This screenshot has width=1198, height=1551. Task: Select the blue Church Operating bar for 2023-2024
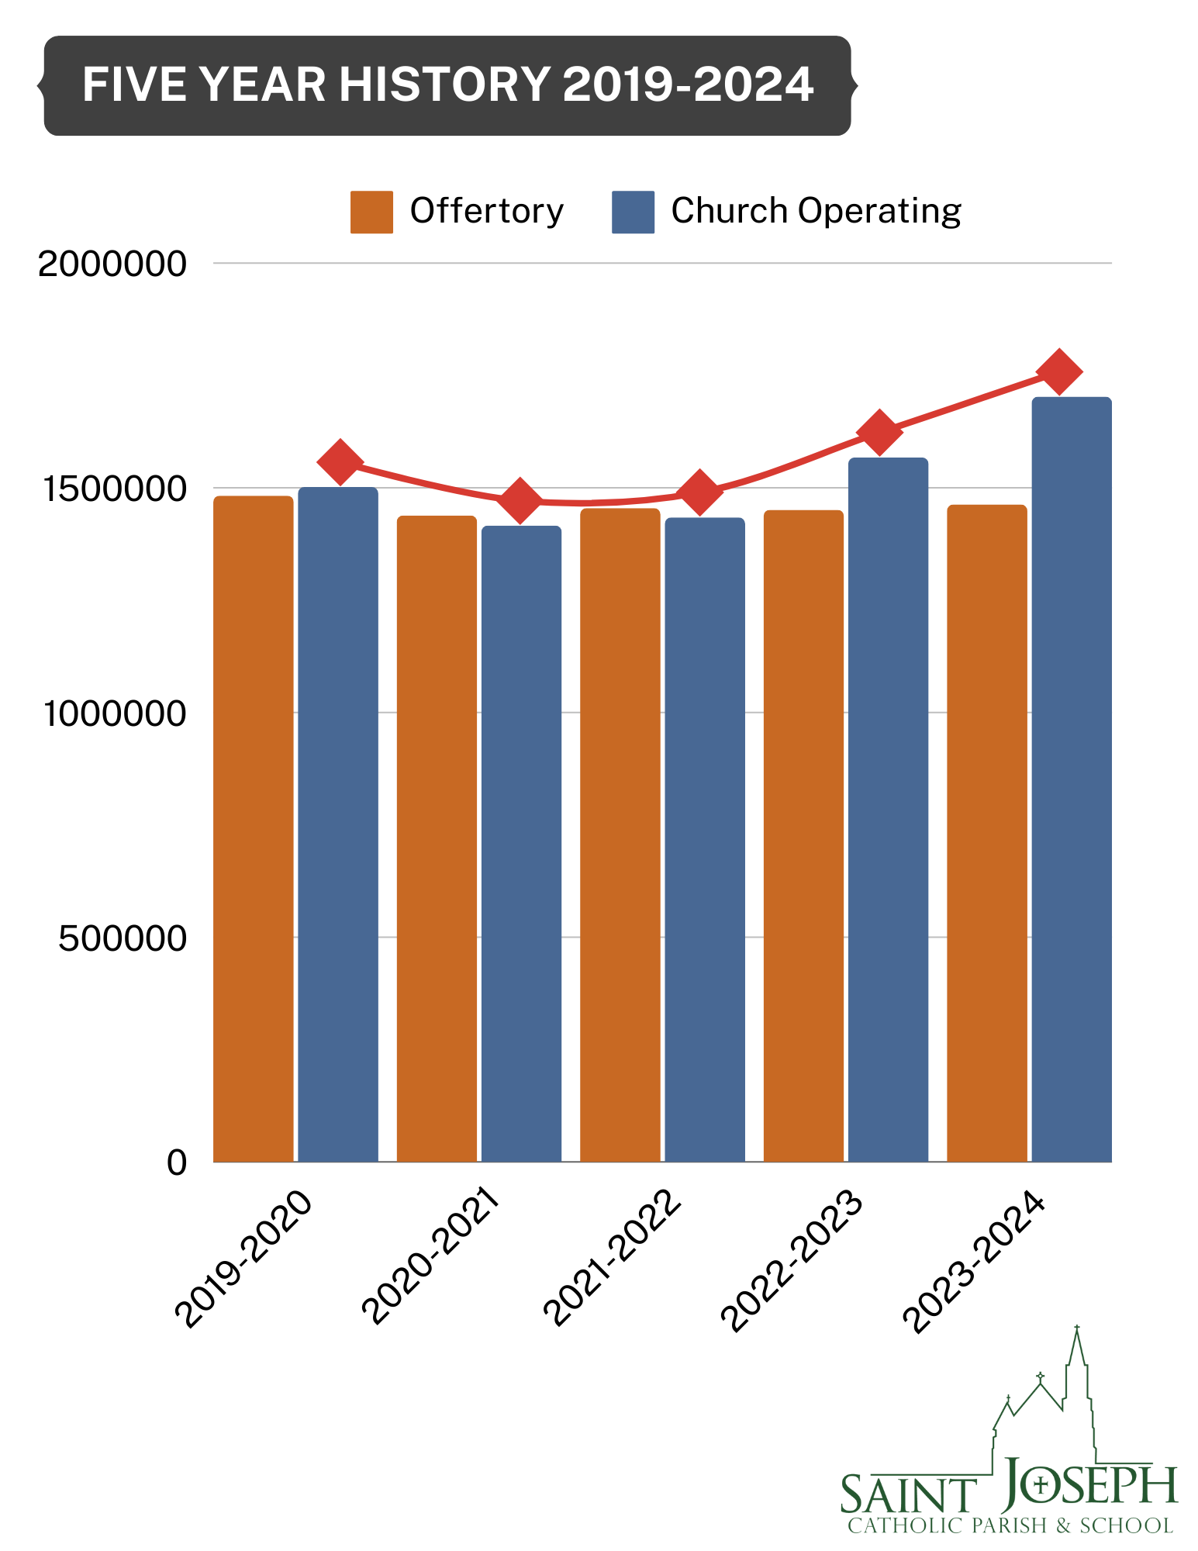click(1071, 779)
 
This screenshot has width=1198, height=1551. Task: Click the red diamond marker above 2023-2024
click(1060, 371)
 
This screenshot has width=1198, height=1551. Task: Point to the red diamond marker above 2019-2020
click(340, 461)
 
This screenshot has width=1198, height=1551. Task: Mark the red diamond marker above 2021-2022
click(699, 492)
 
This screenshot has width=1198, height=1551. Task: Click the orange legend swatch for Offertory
click(371, 212)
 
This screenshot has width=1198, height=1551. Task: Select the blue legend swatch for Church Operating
click(633, 212)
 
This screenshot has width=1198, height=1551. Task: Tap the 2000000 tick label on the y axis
click(112, 264)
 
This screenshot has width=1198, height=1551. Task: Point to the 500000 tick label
click(123, 938)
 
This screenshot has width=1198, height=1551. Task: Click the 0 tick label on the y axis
click(177, 1162)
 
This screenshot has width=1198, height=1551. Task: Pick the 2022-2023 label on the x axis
click(791, 1260)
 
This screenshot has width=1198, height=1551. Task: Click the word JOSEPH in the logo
click(1089, 1485)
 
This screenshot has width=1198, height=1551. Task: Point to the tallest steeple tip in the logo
click(1076, 1328)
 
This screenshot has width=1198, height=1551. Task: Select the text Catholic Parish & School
click(1010, 1526)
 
